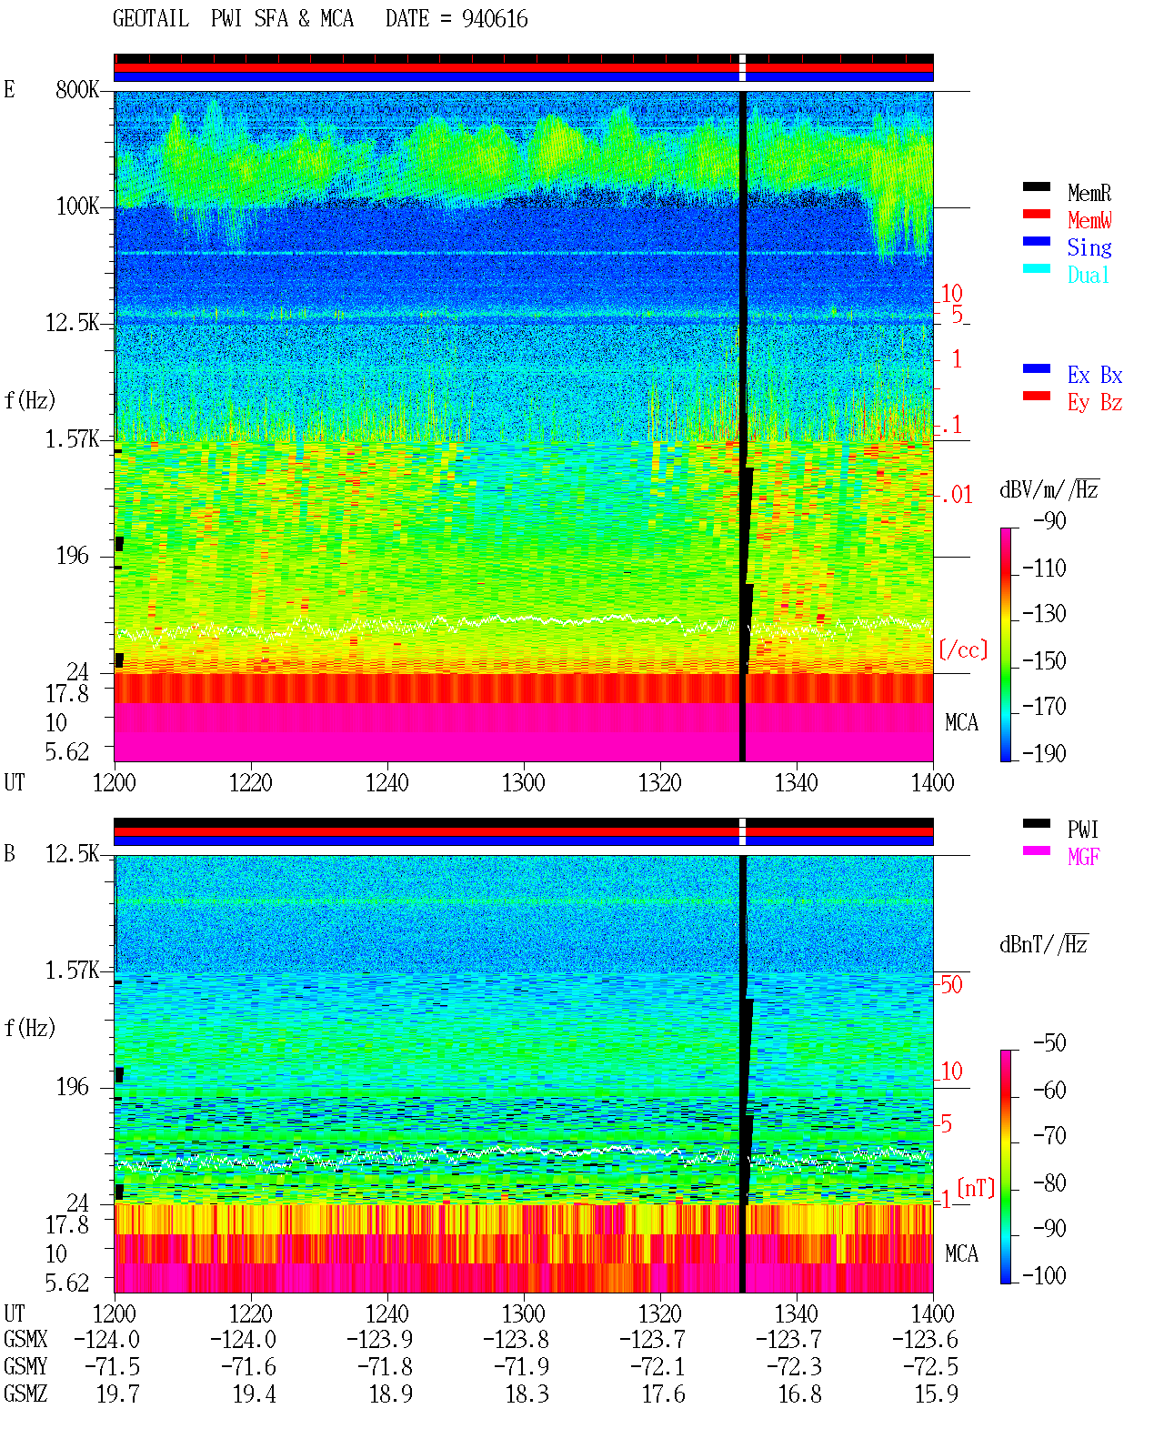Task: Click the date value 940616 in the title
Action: tap(495, 19)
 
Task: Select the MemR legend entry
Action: tap(1089, 193)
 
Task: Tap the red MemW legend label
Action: tap(1089, 220)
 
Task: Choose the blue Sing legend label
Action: tap(1089, 247)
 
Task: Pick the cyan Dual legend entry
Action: tap(1089, 275)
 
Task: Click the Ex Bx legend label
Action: tap(1095, 375)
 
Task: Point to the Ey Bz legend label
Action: tap(1095, 403)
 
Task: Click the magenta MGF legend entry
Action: tap(1083, 857)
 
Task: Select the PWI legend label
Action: tap(1082, 830)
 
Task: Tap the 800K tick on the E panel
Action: tap(77, 89)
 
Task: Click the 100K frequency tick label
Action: tap(77, 206)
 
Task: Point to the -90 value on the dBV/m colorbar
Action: tap(1049, 520)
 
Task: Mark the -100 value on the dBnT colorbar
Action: tap(1044, 1275)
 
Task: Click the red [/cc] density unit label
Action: tap(963, 649)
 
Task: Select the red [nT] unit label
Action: tap(976, 1188)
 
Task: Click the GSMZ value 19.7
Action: tap(118, 1394)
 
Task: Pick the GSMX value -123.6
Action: tap(925, 1340)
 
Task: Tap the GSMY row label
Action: tap(25, 1367)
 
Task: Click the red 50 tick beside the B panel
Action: tap(951, 985)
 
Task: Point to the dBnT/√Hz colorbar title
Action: tap(1044, 945)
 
